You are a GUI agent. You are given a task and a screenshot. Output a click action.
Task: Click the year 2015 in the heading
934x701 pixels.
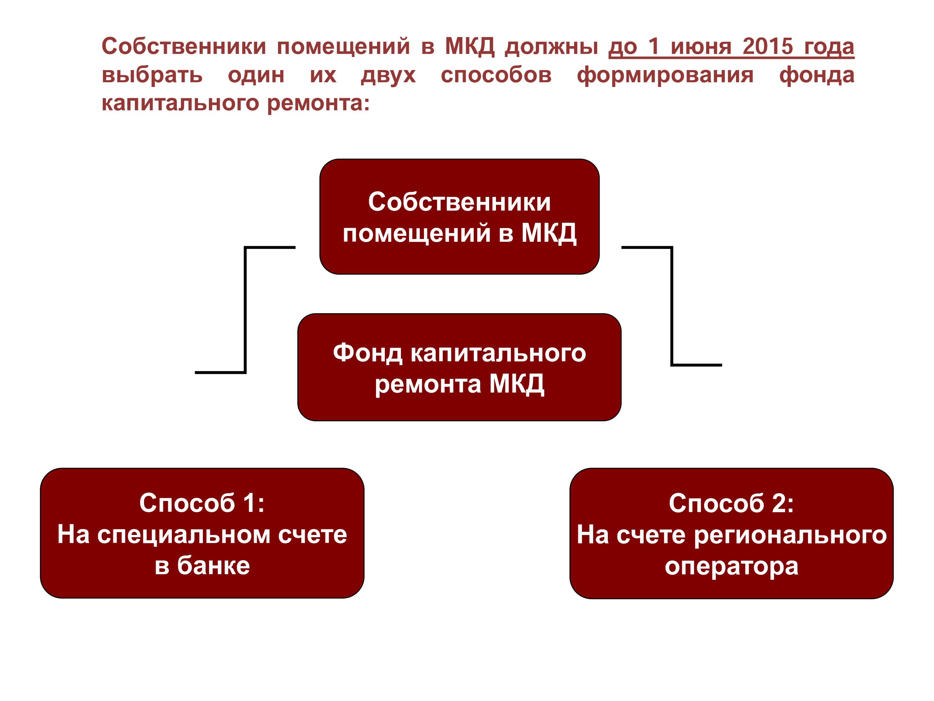[x=768, y=46]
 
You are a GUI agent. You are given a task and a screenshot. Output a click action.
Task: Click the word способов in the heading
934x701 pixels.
[x=496, y=75]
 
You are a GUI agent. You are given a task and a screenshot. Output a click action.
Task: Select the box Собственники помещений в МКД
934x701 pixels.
[x=460, y=217]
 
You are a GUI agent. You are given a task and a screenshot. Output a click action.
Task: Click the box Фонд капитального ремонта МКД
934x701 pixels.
[x=460, y=367]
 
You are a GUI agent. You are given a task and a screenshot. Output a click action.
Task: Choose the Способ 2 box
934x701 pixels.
[x=731, y=533]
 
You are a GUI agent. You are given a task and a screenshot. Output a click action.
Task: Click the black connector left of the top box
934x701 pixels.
[x=245, y=310]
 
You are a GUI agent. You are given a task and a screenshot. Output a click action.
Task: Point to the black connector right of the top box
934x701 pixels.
[x=672, y=306]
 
